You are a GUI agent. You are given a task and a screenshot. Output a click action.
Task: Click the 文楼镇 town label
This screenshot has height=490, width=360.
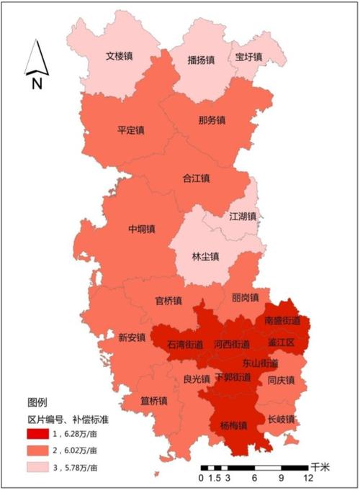point(120,55)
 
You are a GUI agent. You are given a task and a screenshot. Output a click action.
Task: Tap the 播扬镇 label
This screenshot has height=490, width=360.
point(201,60)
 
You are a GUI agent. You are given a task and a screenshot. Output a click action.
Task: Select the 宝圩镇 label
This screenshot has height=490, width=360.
point(248,56)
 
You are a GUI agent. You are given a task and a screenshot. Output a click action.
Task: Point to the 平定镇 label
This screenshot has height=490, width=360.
point(131,131)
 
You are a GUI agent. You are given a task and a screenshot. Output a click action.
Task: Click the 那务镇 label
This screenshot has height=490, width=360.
point(212,119)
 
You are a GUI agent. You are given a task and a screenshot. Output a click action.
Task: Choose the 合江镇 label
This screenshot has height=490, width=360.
point(195,178)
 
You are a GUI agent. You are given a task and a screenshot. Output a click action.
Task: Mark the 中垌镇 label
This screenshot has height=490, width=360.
point(142,229)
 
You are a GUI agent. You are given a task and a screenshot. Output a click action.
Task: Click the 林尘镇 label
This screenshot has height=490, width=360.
point(206,256)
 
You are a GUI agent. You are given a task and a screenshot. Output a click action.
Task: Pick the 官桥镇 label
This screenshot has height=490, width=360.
point(168,300)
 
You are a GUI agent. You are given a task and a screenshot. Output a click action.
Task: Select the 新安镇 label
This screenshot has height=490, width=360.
point(132,337)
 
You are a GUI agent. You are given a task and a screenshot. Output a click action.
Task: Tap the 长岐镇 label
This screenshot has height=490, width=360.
point(282,419)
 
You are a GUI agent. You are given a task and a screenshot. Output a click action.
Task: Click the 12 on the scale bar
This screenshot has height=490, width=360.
point(308,478)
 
